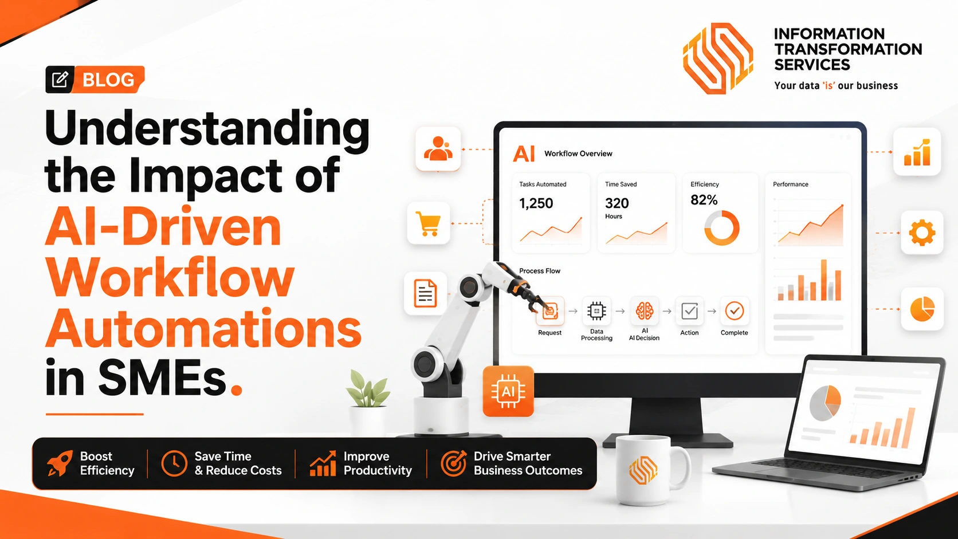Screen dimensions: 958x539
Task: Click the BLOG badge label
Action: tap(108, 80)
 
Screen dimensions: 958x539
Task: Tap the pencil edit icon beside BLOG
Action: tap(60, 79)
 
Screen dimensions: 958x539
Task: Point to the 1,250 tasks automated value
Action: tap(536, 203)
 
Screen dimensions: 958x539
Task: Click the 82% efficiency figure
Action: tap(704, 200)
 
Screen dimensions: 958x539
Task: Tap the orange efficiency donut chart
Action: tap(721, 228)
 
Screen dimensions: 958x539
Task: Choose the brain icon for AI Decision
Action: tap(644, 311)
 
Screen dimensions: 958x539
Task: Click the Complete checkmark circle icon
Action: tap(734, 311)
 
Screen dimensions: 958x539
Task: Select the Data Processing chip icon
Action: tap(596, 311)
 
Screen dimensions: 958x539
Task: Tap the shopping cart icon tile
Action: tap(429, 223)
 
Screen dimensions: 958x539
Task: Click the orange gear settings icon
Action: tap(922, 233)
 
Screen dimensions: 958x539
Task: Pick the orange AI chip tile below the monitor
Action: tap(508, 391)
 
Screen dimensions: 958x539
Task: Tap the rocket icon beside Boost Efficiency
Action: tap(60, 463)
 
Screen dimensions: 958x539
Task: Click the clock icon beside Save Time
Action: tap(174, 463)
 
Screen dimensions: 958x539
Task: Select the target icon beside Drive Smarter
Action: tap(453, 463)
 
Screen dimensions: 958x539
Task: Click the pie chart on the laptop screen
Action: tap(826, 403)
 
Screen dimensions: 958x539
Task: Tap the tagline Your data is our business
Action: tap(836, 85)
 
